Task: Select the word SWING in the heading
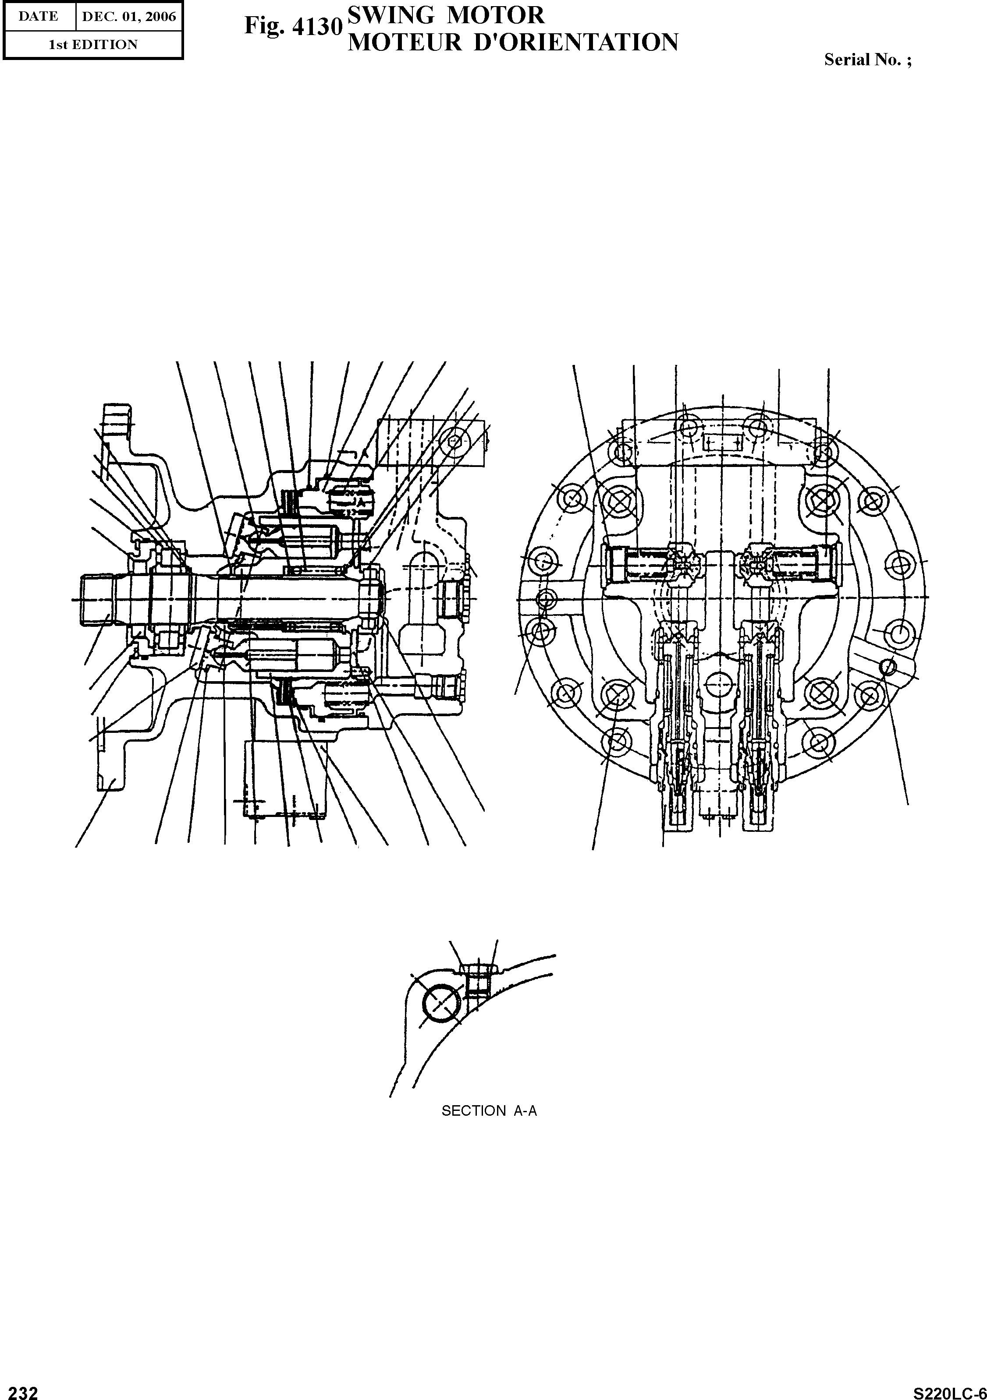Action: click(x=383, y=14)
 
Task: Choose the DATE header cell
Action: click(x=39, y=17)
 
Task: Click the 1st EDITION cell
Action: click(x=93, y=45)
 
